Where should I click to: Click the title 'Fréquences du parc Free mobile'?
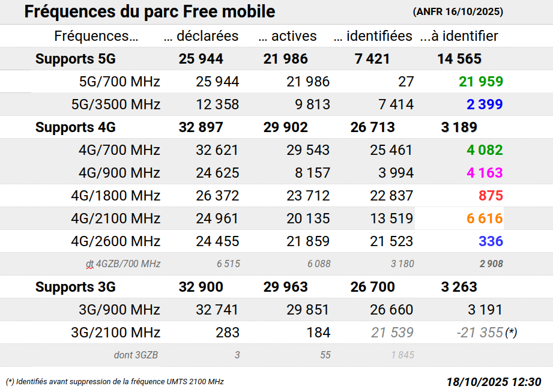click(150, 11)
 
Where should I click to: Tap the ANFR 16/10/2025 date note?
click(458, 12)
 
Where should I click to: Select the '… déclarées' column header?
click(201, 36)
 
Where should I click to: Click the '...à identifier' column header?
click(459, 36)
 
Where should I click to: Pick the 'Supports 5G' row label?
click(75, 59)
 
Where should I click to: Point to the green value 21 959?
click(481, 82)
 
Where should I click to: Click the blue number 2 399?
click(485, 104)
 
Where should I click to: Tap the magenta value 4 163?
click(485, 173)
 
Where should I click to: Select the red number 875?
click(491, 196)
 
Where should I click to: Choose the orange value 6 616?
click(485, 219)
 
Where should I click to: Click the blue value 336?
click(491, 241)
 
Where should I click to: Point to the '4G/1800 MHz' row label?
click(115, 196)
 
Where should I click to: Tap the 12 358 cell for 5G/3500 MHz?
click(217, 104)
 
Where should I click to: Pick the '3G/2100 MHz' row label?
click(115, 333)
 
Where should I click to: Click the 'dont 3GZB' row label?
click(136, 355)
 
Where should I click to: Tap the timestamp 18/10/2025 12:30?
click(494, 382)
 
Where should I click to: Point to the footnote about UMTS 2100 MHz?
click(115, 382)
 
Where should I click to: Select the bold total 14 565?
click(459, 59)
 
